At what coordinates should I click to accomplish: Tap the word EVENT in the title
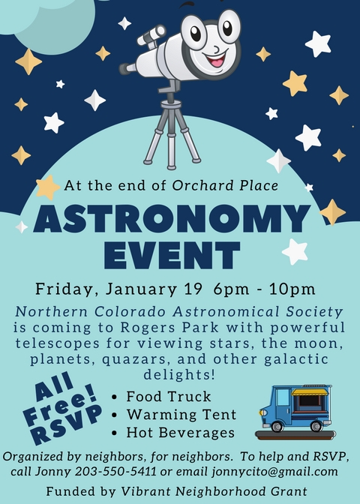click(x=172, y=255)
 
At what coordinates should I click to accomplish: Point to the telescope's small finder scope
click(x=151, y=35)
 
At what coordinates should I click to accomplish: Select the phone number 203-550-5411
click(x=115, y=472)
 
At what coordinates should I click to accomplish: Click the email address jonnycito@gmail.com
click(x=274, y=472)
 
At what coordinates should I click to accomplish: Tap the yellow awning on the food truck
click(x=310, y=391)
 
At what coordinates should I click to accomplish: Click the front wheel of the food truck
click(x=277, y=426)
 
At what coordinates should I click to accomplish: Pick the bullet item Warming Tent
click(x=181, y=414)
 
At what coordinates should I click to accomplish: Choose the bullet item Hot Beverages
click(x=180, y=433)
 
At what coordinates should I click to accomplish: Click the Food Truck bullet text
click(x=169, y=396)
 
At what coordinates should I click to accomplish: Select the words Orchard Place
click(x=225, y=185)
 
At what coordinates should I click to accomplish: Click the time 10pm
click(x=292, y=289)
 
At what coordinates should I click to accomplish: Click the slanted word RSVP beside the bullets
click(x=67, y=424)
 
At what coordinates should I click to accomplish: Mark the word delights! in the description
click(x=179, y=374)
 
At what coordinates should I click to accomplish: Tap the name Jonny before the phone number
click(x=53, y=472)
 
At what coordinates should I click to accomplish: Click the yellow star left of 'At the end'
click(x=47, y=187)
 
